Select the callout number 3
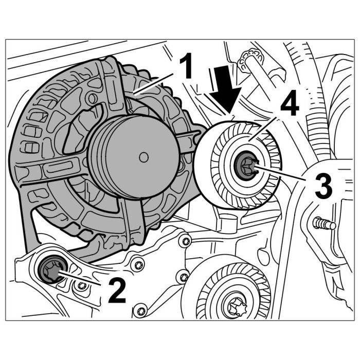[x=322, y=186]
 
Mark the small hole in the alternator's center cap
[x=143, y=155]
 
